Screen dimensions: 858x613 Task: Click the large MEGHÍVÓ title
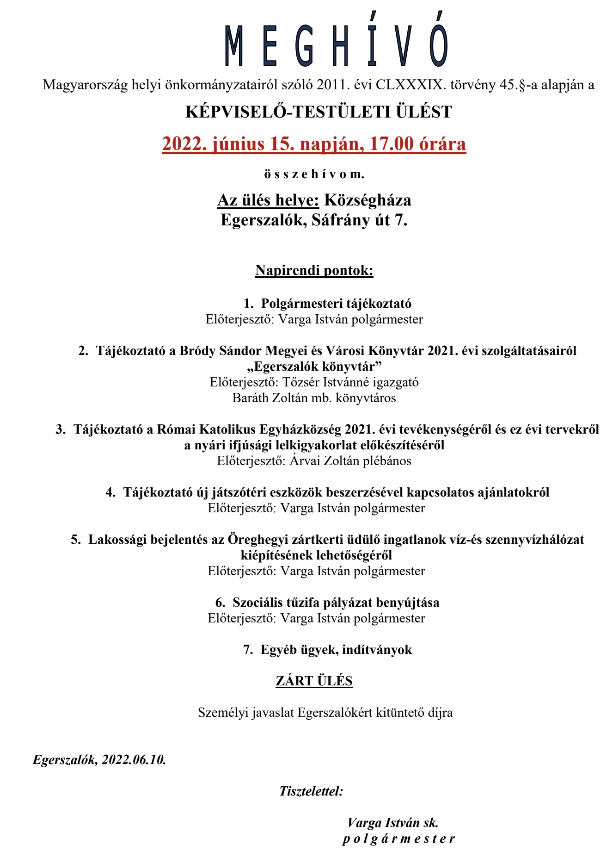pyautogui.click(x=336, y=45)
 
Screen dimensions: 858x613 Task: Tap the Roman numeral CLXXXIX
pyautogui.click(x=411, y=85)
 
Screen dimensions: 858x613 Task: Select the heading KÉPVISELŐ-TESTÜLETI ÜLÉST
pyautogui.click(x=319, y=112)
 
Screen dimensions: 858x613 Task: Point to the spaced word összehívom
pyautogui.click(x=314, y=174)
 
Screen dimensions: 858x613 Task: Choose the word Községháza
pyautogui.click(x=368, y=200)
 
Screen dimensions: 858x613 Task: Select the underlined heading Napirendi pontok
pyautogui.click(x=314, y=270)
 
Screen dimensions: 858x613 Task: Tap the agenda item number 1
pyautogui.click(x=249, y=304)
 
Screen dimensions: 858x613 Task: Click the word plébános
pyautogui.click(x=387, y=461)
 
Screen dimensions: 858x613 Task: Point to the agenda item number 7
pyautogui.click(x=248, y=650)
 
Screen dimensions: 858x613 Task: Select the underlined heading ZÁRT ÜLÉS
pyautogui.click(x=314, y=681)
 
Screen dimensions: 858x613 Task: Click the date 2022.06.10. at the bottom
pyautogui.click(x=134, y=760)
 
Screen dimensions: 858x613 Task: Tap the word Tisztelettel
pyautogui.click(x=311, y=791)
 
